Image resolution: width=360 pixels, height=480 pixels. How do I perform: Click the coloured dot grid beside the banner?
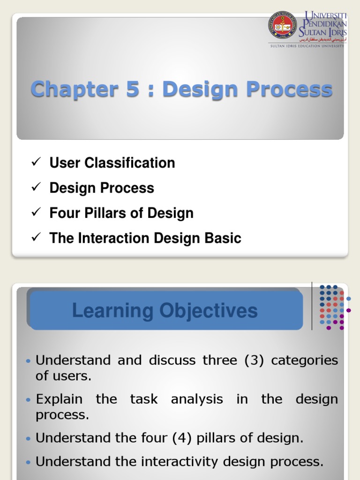(x=332, y=307)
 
